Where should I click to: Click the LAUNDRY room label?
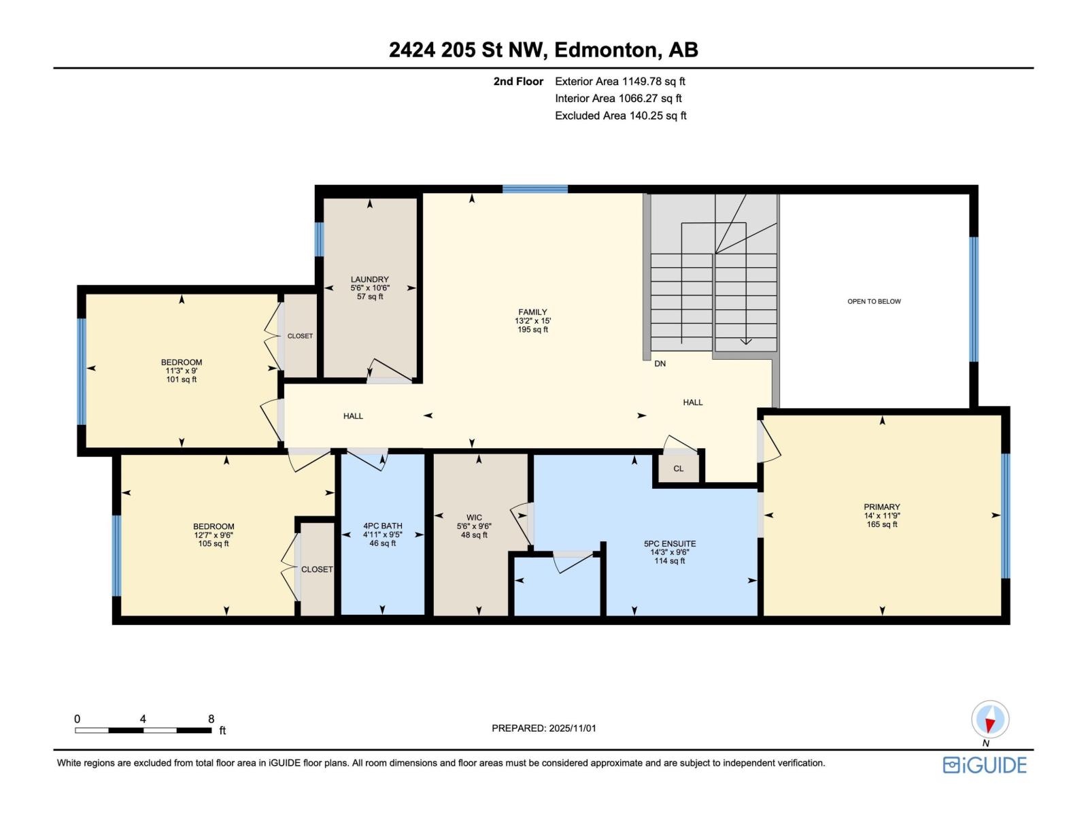pyautogui.click(x=370, y=279)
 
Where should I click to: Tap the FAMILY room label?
pyautogui.click(x=532, y=312)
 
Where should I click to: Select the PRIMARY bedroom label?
pyautogui.click(x=882, y=507)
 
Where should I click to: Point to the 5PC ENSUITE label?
pyautogui.click(x=670, y=543)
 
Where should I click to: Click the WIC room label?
pyautogui.click(x=474, y=517)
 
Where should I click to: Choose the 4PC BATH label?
pyautogui.click(x=383, y=526)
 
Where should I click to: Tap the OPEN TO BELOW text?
pyautogui.click(x=874, y=301)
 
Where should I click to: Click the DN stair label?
pyautogui.click(x=660, y=364)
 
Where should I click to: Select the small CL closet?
pyautogui.click(x=678, y=469)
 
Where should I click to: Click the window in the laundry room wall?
pyautogui.click(x=320, y=239)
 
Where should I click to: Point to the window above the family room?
pyautogui.click(x=535, y=189)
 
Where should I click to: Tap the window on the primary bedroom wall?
pyautogui.click(x=1005, y=515)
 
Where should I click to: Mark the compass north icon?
pyautogui.click(x=990, y=719)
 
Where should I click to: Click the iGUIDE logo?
pyautogui.click(x=985, y=766)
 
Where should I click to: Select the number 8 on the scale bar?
pyautogui.click(x=211, y=719)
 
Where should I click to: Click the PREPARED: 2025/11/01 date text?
pyautogui.click(x=544, y=728)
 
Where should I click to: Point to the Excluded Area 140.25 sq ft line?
pyautogui.click(x=621, y=116)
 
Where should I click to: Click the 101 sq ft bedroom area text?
pyautogui.click(x=182, y=379)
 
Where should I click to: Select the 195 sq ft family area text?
pyautogui.click(x=533, y=330)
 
